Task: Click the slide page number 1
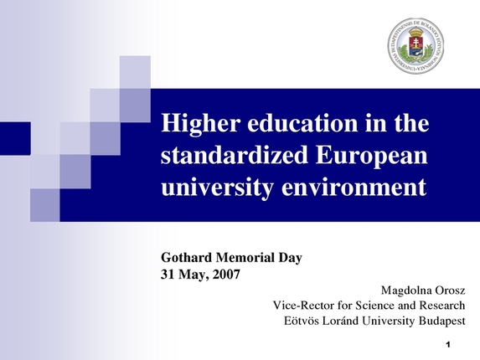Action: click(449, 345)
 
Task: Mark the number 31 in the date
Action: click(166, 274)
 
